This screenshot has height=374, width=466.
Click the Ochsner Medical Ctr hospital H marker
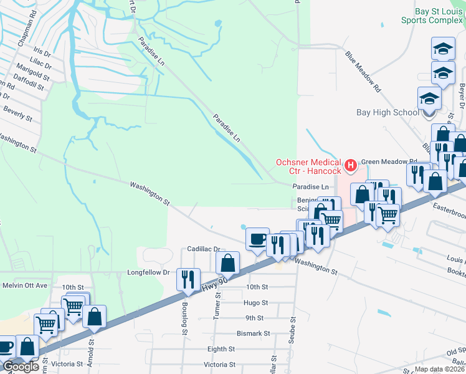[350, 166]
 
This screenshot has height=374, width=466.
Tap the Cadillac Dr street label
[204, 249]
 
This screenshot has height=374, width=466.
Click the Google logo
[21, 367]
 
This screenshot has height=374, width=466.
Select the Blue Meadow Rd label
[363, 72]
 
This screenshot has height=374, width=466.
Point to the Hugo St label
[256, 303]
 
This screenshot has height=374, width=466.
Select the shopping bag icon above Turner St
[229, 262]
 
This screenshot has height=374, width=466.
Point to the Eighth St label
[221, 350]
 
